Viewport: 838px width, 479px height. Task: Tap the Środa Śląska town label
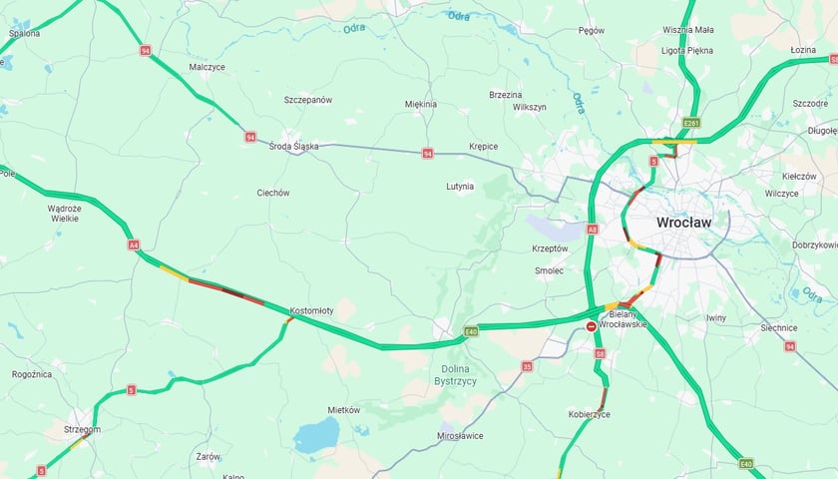(293, 146)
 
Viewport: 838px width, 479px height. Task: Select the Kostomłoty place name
(311, 310)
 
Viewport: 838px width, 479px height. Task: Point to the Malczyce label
(207, 67)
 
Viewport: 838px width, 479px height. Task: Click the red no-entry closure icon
(591, 326)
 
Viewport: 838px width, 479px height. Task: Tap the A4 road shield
(133, 244)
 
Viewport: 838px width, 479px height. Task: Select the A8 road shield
(592, 229)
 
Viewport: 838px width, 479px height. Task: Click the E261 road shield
(691, 123)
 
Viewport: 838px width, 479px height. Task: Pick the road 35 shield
(527, 366)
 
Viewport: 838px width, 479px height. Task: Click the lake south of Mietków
(316, 435)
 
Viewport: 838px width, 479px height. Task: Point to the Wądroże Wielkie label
(64, 213)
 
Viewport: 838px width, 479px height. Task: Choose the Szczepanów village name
(307, 100)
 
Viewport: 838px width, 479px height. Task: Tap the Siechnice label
(778, 327)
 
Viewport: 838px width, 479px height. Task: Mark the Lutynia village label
(460, 186)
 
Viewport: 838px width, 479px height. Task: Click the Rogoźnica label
(32, 374)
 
